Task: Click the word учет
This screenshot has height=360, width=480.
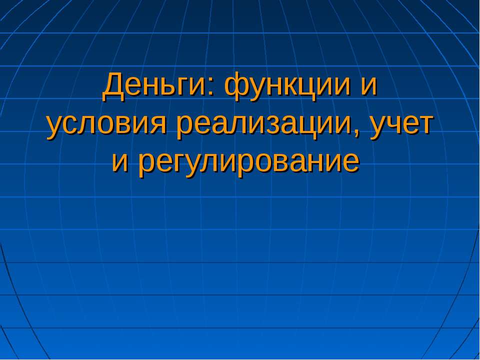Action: (x=402, y=125)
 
